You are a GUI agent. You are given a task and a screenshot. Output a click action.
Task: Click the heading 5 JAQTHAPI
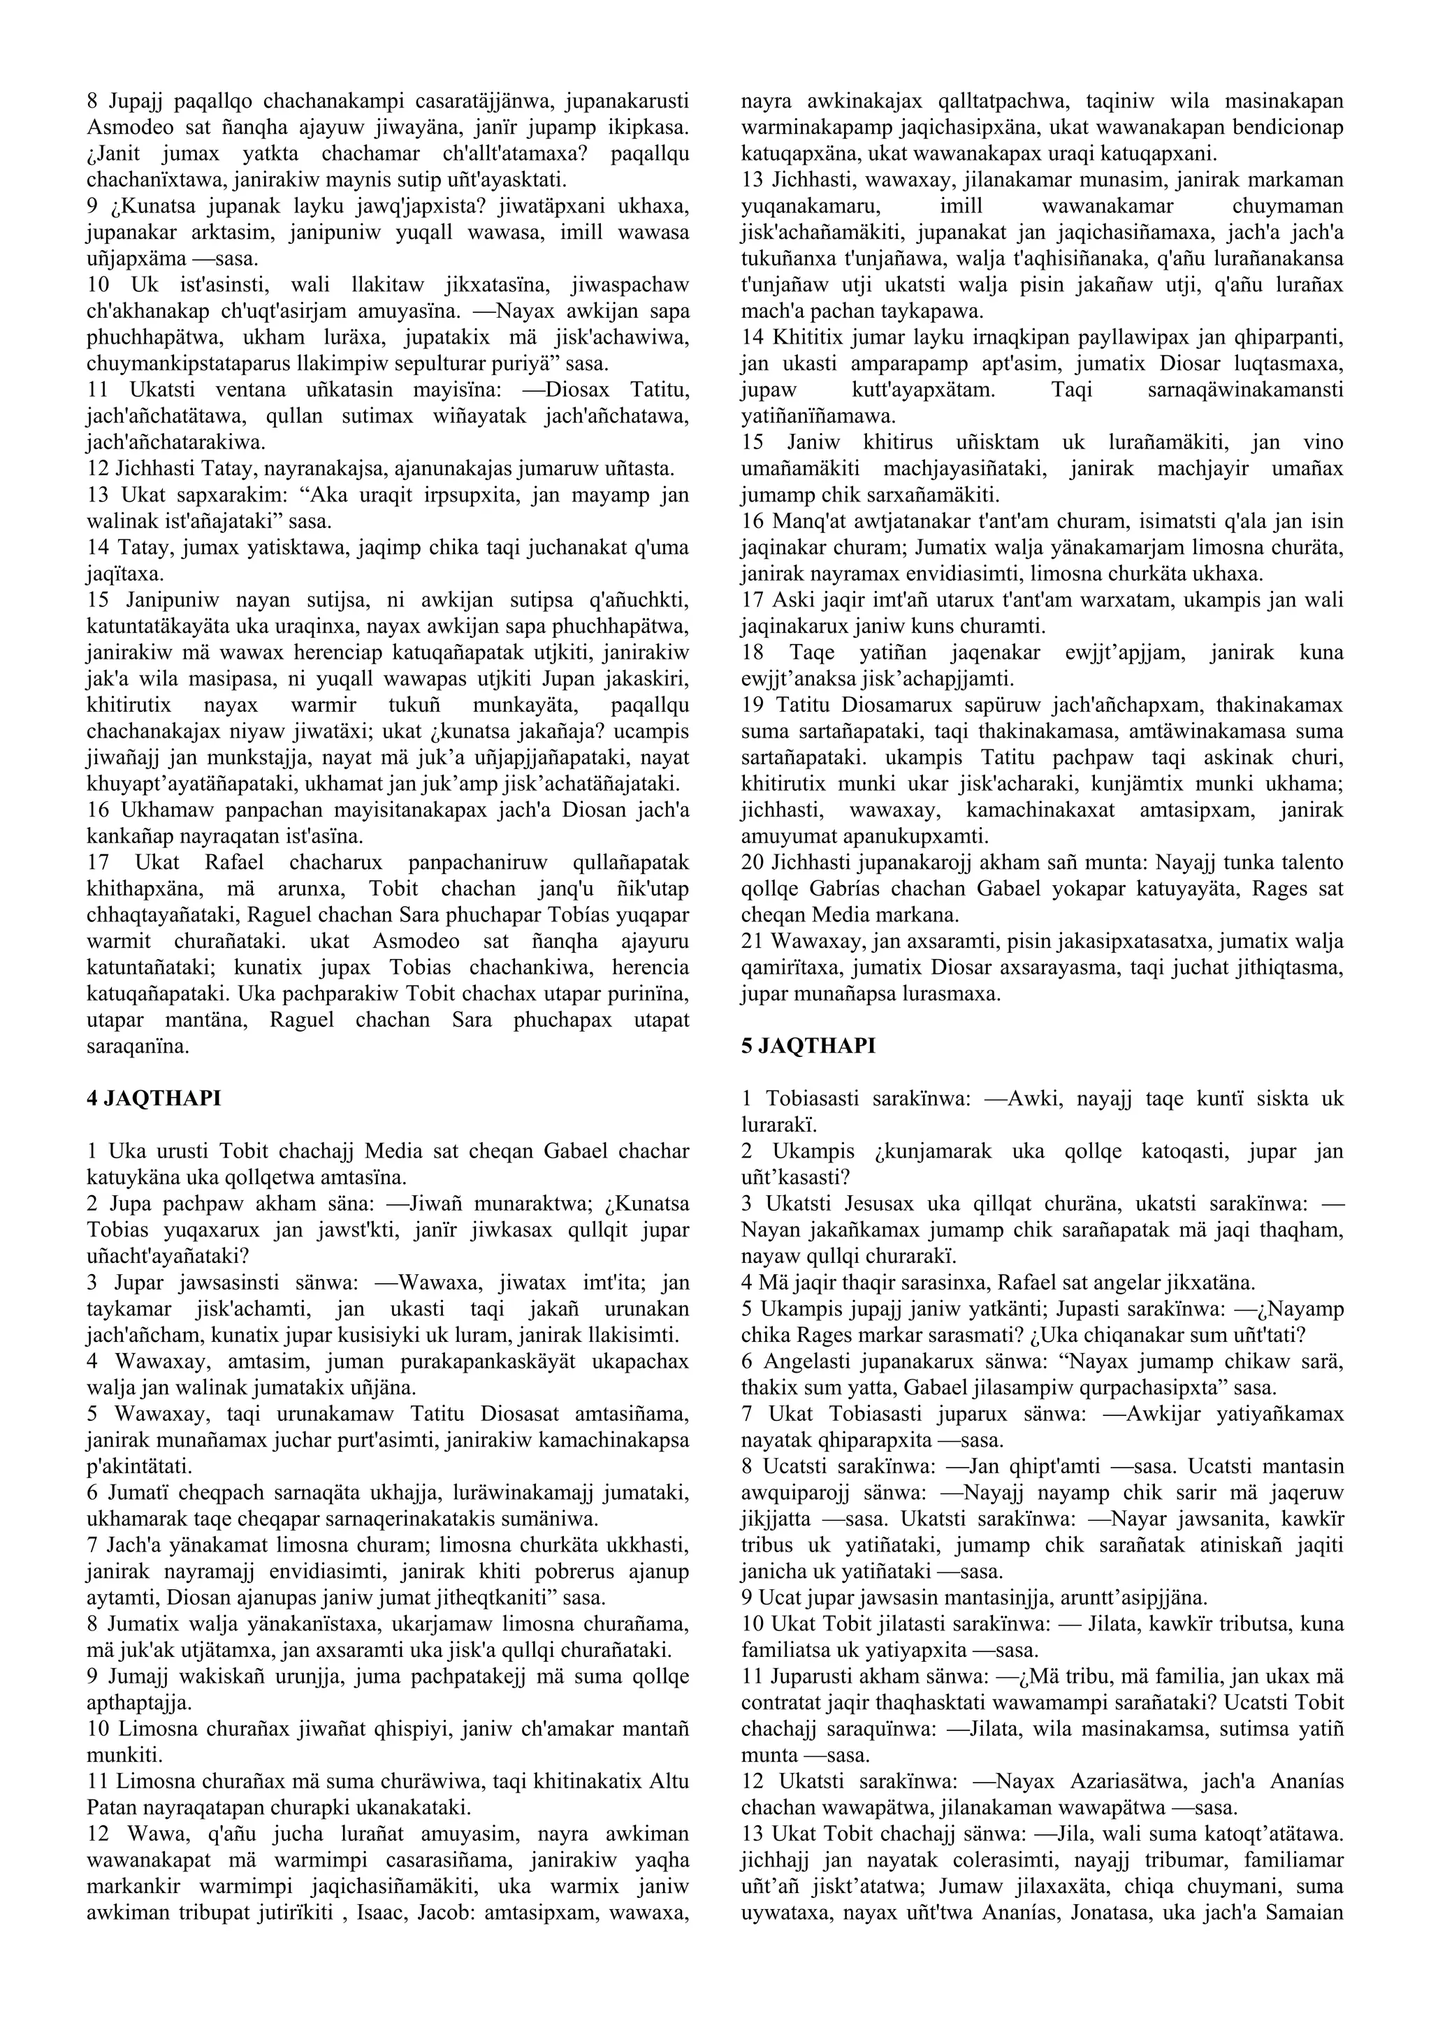pos(808,1046)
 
